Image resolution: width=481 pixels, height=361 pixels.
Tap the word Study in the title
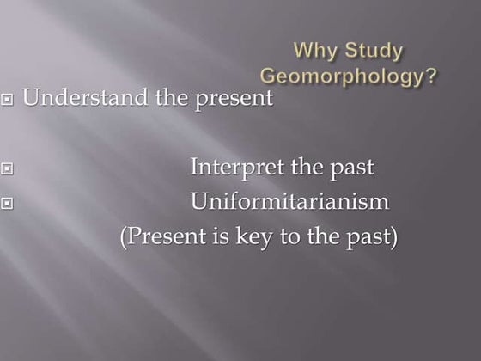[371, 51]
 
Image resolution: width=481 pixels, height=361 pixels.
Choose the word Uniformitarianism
[289, 202]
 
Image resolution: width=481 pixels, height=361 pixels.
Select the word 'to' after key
[291, 236]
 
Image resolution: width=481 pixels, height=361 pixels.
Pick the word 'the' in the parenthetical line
[326, 236]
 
